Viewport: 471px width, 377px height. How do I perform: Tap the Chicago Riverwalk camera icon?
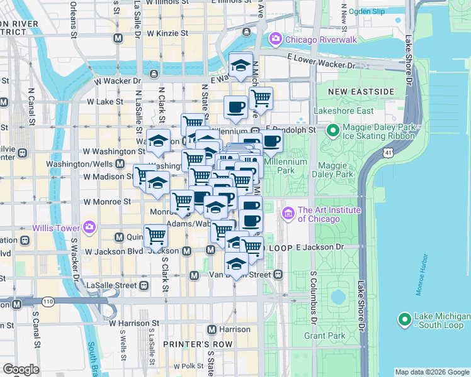coord(275,40)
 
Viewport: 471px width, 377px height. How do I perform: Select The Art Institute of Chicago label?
coord(320,214)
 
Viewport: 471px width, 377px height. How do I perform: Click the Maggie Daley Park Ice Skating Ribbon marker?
coord(333,131)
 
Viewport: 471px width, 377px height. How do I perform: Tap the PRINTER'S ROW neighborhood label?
coord(190,345)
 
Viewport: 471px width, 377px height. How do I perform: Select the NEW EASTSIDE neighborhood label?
coord(361,92)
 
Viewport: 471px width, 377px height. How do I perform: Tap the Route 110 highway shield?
coord(48,302)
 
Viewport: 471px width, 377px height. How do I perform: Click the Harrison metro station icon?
coord(212,329)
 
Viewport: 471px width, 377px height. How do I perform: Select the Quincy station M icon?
coord(119,238)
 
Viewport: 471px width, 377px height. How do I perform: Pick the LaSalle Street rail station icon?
coord(144,285)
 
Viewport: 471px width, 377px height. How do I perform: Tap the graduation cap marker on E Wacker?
coord(240,64)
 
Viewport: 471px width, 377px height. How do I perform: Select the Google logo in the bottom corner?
coord(21,369)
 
